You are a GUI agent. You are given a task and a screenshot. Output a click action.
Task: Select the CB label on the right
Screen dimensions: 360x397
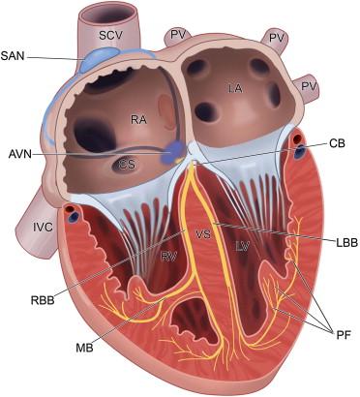pos(337,143)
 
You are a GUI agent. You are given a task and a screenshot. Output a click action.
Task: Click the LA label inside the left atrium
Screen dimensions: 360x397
pos(235,88)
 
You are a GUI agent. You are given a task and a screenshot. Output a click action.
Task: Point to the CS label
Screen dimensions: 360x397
pos(127,165)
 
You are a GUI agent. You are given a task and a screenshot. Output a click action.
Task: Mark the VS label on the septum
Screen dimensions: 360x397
pos(202,233)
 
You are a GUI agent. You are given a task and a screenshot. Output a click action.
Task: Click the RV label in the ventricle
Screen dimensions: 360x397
pos(169,257)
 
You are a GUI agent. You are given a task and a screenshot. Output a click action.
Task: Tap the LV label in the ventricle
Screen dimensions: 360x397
pos(243,249)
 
